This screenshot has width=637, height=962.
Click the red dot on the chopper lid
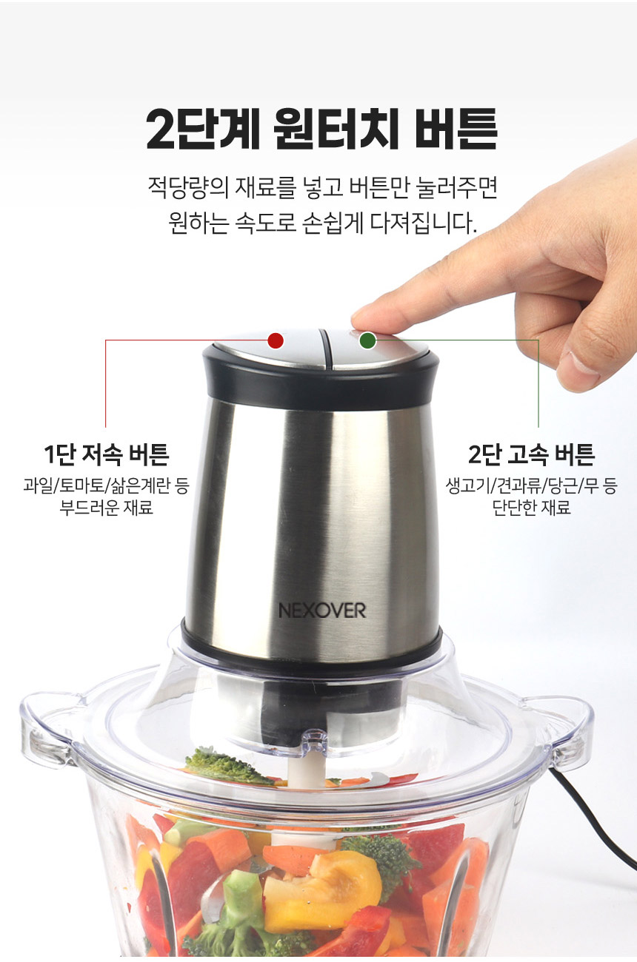(x=276, y=340)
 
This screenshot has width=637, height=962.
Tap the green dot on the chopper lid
(x=367, y=340)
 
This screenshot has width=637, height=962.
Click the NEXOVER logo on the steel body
(x=322, y=610)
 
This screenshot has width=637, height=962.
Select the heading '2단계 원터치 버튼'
(x=321, y=129)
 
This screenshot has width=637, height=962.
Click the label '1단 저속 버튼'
(x=106, y=455)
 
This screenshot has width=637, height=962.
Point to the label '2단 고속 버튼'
(x=531, y=455)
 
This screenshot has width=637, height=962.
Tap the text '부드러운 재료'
(x=106, y=507)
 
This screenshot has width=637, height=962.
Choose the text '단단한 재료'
(x=531, y=507)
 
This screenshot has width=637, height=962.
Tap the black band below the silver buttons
(x=320, y=383)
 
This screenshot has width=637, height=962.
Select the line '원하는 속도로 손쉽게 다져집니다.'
(x=322, y=223)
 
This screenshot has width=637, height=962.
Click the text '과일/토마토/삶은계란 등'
(x=106, y=485)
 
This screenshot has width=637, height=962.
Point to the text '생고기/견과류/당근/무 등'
(x=531, y=485)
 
